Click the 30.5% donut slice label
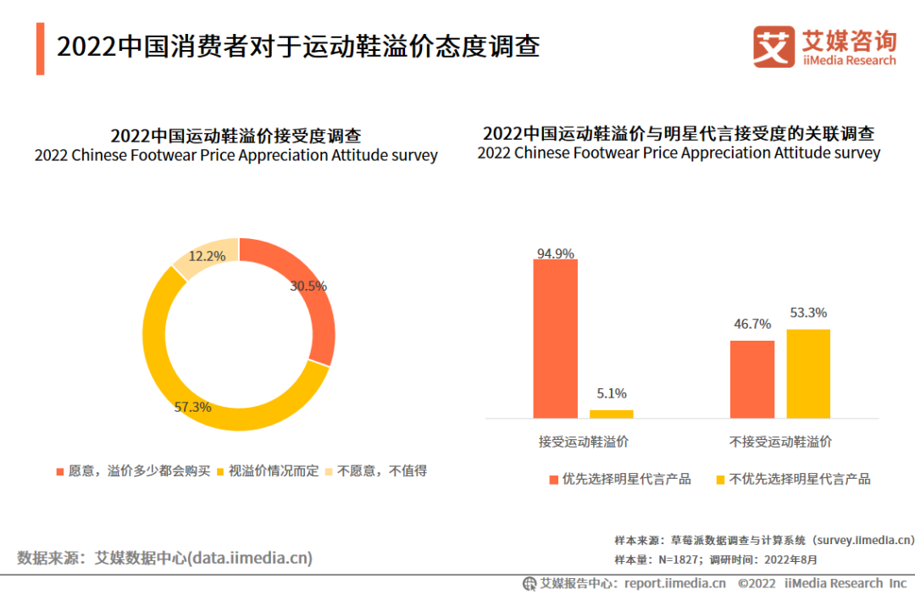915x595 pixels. point(308,286)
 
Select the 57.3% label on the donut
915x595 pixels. point(192,407)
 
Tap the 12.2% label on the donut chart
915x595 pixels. point(207,255)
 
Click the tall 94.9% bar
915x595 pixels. point(555,338)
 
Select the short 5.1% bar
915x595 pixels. point(611,414)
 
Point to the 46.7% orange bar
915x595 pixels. point(752,379)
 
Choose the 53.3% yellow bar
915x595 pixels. point(808,373)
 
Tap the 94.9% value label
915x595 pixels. point(555,253)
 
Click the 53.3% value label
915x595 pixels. point(807,313)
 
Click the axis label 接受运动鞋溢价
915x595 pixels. point(584,442)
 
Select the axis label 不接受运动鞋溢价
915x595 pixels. point(780,442)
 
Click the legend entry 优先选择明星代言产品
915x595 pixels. point(626,479)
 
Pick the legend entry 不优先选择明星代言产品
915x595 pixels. point(799,479)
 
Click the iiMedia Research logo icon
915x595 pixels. point(774,47)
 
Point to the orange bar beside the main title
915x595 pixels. point(41,48)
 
